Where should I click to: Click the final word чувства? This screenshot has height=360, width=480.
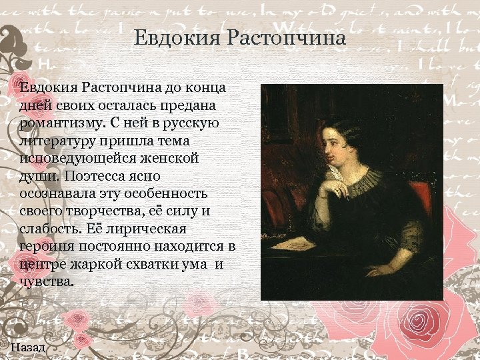tap(45, 281)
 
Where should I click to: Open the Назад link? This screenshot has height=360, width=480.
tap(29, 347)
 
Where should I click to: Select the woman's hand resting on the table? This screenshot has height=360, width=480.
tap(377, 270)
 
